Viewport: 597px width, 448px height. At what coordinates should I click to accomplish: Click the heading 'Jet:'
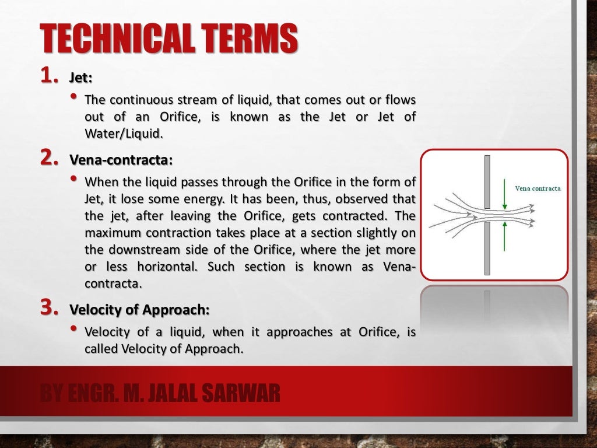(x=81, y=77)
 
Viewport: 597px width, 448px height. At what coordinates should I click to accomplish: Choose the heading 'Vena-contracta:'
(x=121, y=160)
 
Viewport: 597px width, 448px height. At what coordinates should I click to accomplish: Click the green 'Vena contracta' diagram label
(x=538, y=188)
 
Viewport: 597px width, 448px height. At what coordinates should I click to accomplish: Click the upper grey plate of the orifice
(x=487, y=181)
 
